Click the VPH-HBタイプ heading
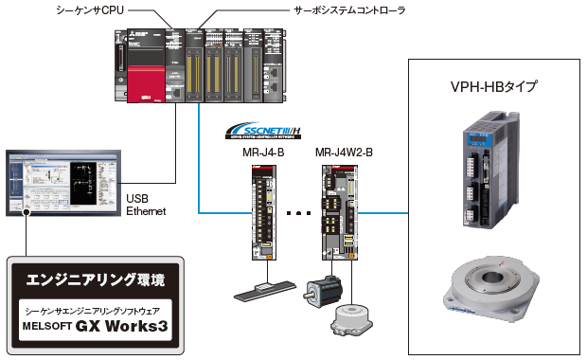pyautogui.click(x=494, y=87)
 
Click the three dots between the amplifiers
pyautogui.click(x=298, y=214)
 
